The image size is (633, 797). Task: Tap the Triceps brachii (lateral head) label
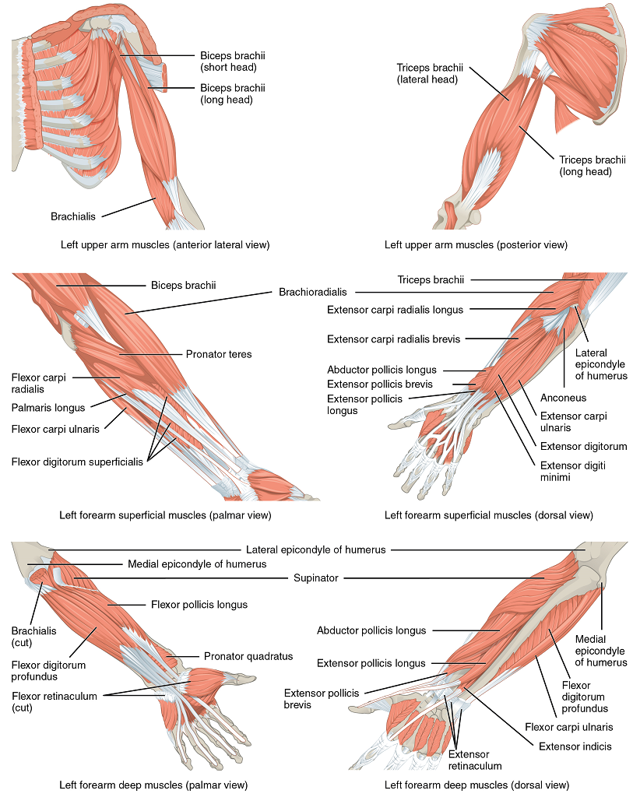(x=427, y=73)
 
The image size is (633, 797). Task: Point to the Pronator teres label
(x=219, y=354)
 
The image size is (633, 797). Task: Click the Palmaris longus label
(x=48, y=406)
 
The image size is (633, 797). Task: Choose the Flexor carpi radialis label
(x=38, y=383)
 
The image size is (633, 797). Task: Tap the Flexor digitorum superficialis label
(x=77, y=462)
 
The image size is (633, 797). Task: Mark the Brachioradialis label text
(x=313, y=293)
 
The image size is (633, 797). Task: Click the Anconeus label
(x=564, y=396)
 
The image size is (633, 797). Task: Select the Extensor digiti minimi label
(x=571, y=471)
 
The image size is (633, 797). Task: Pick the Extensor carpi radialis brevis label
(x=393, y=339)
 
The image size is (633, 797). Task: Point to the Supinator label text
(x=315, y=578)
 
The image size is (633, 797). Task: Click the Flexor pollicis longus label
(x=199, y=604)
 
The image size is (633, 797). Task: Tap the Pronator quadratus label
(x=248, y=656)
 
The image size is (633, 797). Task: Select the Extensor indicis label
(x=575, y=746)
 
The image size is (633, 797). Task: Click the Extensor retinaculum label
(x=469, y=760)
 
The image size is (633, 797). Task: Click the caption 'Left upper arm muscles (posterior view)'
(x=476, y=245)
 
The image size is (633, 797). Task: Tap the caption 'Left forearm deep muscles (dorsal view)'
(x=476, y=785)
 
